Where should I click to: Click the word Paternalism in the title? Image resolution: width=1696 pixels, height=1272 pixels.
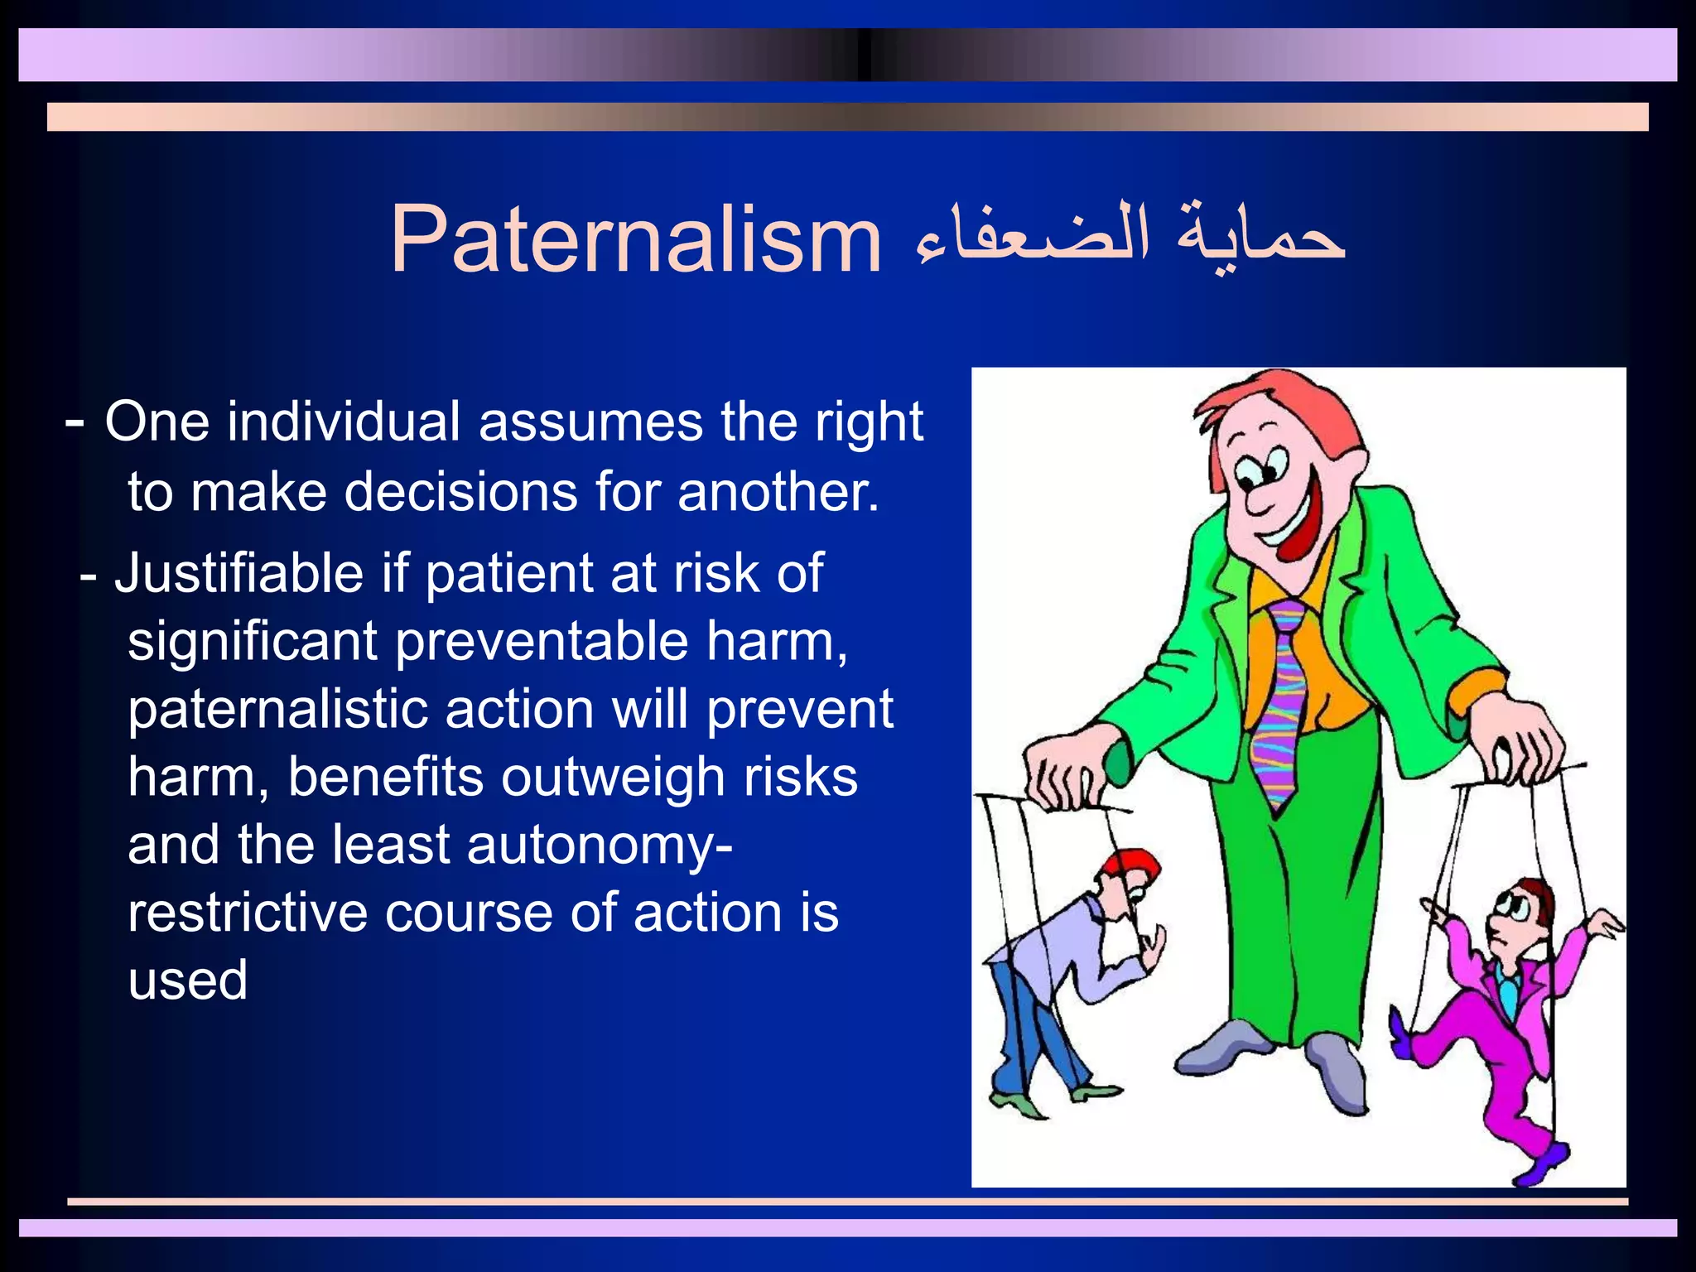635,240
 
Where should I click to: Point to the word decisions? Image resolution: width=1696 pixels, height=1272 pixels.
460,492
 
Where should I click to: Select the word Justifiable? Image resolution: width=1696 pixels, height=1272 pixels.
238,573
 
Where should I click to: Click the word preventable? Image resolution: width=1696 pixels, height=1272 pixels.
541,642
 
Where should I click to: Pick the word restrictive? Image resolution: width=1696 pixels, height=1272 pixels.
247,913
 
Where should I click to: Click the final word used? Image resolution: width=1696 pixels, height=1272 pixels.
187,980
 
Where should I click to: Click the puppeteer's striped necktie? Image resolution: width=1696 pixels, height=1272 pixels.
1279,704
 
